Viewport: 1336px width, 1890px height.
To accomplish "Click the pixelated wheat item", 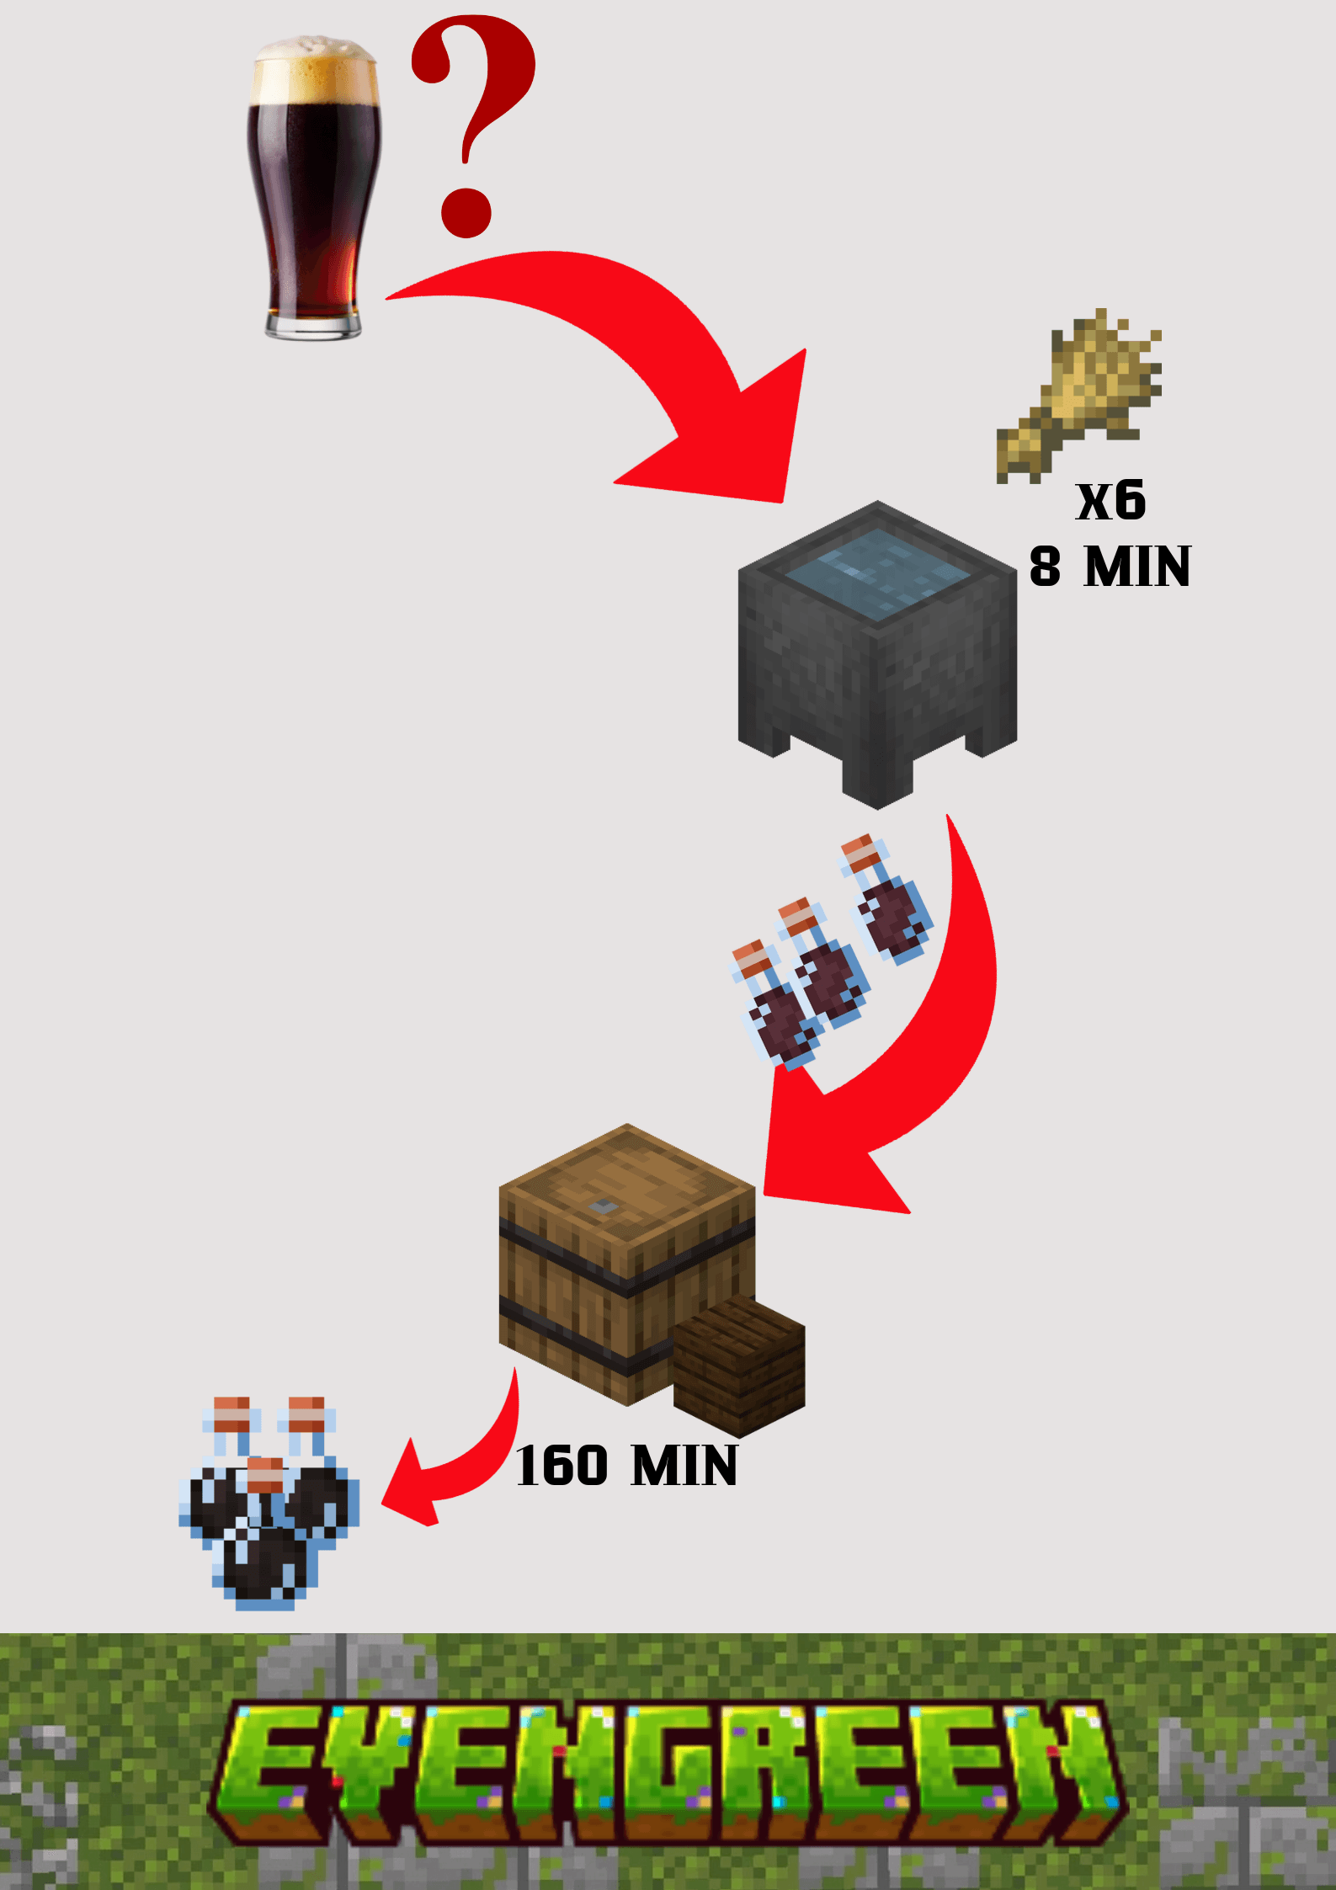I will click(1082, 396).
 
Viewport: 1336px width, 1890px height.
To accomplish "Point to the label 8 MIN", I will click(1110, 567).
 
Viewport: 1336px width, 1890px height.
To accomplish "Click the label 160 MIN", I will click(626, 1467).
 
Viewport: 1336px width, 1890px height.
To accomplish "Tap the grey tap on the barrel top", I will click(603, 1206).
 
